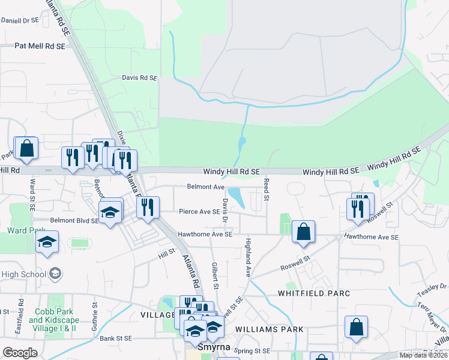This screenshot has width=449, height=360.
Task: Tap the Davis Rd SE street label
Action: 139,78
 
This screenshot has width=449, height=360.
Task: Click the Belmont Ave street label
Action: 205,187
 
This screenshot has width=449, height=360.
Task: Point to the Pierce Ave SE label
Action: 199,211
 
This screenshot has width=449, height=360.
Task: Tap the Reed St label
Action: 267,188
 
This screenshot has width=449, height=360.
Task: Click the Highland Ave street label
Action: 247,257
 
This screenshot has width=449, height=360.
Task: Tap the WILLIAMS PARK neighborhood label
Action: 270,329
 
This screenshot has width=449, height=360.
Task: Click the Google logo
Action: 20,353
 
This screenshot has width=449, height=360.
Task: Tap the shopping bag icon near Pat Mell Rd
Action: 26,149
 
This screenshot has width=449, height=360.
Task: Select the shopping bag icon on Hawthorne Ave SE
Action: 304,231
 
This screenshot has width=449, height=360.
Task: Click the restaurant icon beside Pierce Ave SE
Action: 147,208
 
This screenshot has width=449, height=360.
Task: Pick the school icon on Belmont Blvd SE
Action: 110,212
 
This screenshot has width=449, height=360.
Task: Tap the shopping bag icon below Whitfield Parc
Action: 356,328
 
